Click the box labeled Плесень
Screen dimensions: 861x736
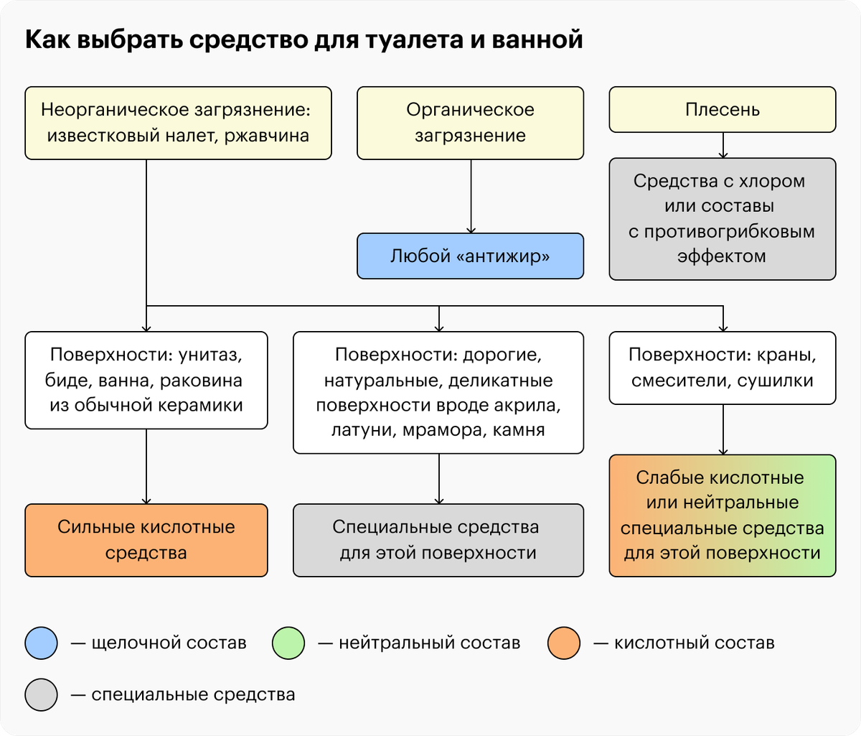coord(723,110)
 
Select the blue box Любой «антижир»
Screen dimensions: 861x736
coord(470,256)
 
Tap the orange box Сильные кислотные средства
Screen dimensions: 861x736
coord(146,540)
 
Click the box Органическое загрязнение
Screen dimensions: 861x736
coord(470,123)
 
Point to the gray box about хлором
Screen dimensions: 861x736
coord(723,219)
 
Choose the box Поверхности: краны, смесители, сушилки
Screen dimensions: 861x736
coord(723,368)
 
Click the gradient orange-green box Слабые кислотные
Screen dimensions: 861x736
coord(723,516)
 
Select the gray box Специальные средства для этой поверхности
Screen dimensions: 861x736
coord(438,540)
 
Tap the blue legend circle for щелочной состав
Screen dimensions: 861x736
coord(41,643)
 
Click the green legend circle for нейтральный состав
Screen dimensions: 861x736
coord(288,643)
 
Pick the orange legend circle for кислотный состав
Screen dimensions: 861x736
coord(563,643)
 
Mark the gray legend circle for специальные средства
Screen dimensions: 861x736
coord(41,694)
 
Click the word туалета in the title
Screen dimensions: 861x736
coord(415,40)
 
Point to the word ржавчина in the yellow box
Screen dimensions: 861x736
coord(267,136)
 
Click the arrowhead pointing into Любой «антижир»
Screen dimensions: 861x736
coord(471,230)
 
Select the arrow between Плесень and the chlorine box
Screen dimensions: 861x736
coord(723,146)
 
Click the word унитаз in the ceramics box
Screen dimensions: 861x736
coord(210,355)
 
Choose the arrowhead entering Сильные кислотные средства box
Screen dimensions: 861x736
coord(146,501)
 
